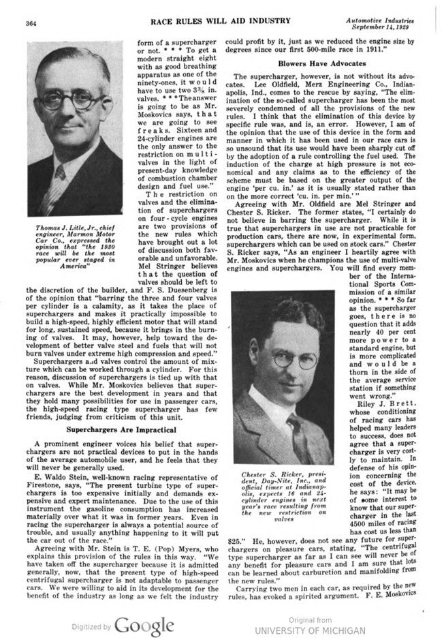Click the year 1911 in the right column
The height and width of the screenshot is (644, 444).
pos(390,50)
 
